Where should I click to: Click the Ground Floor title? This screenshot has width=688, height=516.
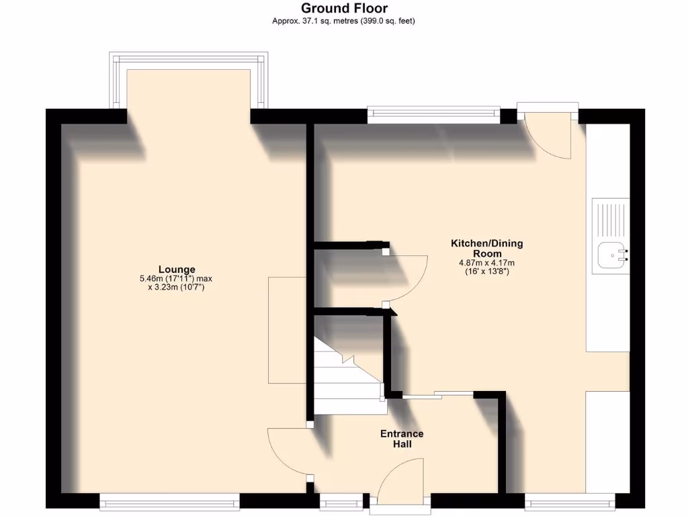pos(344,8)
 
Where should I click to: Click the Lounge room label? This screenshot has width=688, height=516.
pos(177,269)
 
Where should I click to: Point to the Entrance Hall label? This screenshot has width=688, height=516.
pos(402,439)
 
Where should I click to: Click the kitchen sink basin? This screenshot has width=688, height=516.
pos(612,255)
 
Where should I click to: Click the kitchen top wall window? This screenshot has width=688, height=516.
pos(434,114)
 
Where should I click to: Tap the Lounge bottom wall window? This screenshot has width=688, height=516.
pos(169,501)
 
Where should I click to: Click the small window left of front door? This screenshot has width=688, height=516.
pos(339,501)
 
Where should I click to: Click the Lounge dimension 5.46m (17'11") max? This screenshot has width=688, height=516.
pos(175,279)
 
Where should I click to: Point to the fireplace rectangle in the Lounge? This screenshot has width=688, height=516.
pos(288,329)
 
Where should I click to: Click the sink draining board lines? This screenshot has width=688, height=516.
pos(610,218)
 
